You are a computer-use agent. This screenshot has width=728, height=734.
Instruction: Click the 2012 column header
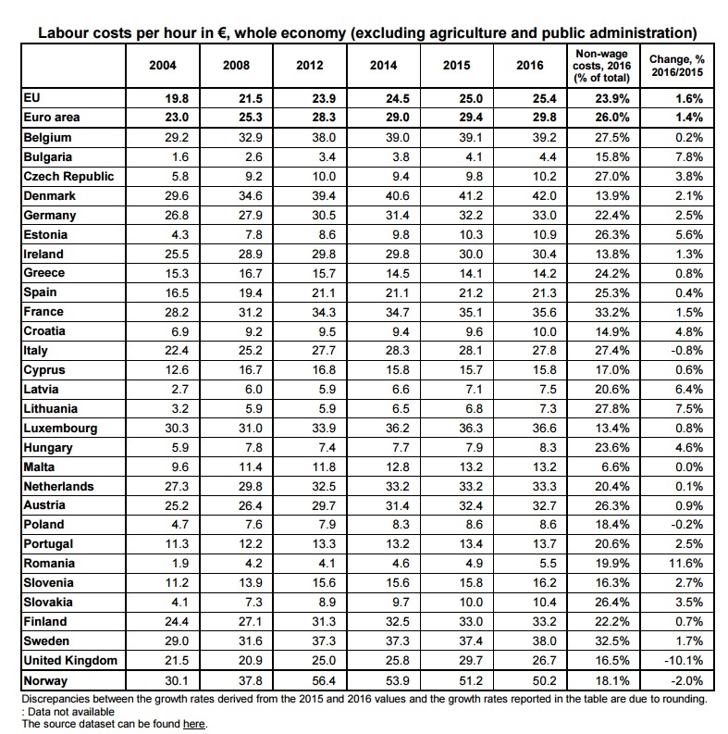tap(309, 66)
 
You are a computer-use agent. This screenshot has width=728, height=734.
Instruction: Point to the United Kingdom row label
tap(69, 660)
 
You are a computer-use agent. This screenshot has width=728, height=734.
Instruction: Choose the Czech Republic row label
tap(68, 176)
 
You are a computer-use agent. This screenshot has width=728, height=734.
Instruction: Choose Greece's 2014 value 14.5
tap(382, 273)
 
